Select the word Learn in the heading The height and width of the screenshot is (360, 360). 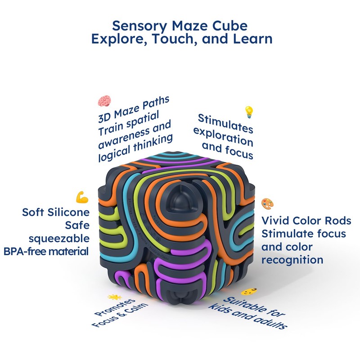(x=252, y=39)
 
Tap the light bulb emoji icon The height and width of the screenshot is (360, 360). (x=248, y=111)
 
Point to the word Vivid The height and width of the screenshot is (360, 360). (x=278, y=221)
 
